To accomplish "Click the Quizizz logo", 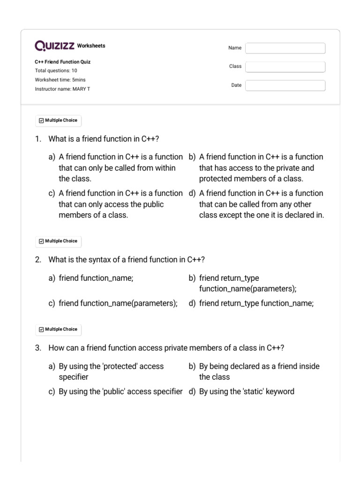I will [x=55, y=46].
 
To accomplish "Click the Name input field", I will [x=285, y=48].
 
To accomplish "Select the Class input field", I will [x=285, y=67].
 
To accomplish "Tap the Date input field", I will [x=285, y=85].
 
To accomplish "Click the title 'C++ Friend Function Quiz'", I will [x=63, y=62].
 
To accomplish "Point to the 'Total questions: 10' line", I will [x=56, y=71].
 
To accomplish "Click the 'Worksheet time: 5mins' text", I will [x=60, y=80].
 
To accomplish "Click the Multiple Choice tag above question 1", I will [x=58, y=120].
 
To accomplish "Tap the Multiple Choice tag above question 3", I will [x=58, y=330].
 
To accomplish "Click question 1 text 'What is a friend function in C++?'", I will [x=104, y=139].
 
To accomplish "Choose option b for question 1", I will [x=261, y=168].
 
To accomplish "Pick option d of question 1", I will [x=261, y=204].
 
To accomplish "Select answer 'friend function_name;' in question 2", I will [x=96, y=278].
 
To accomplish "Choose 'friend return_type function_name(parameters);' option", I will [x=247, y=283].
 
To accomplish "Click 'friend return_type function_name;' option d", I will [x=256, y=303].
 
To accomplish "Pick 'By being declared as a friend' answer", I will [x=259, y=371].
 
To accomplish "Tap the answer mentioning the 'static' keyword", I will [x=247, y=391].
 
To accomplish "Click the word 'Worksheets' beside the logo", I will [x=91, y=46].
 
